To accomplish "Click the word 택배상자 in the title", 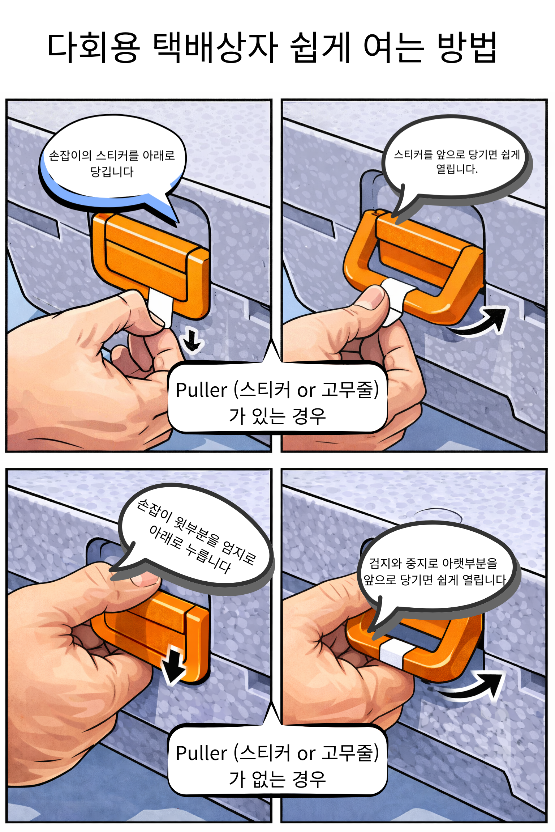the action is point(215,47).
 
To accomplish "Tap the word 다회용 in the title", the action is point(93,47).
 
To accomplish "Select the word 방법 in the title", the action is point(466,47).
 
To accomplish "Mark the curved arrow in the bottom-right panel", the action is point(470,685).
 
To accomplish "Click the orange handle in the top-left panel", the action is point(150,264).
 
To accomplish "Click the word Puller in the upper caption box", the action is point(202,390).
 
